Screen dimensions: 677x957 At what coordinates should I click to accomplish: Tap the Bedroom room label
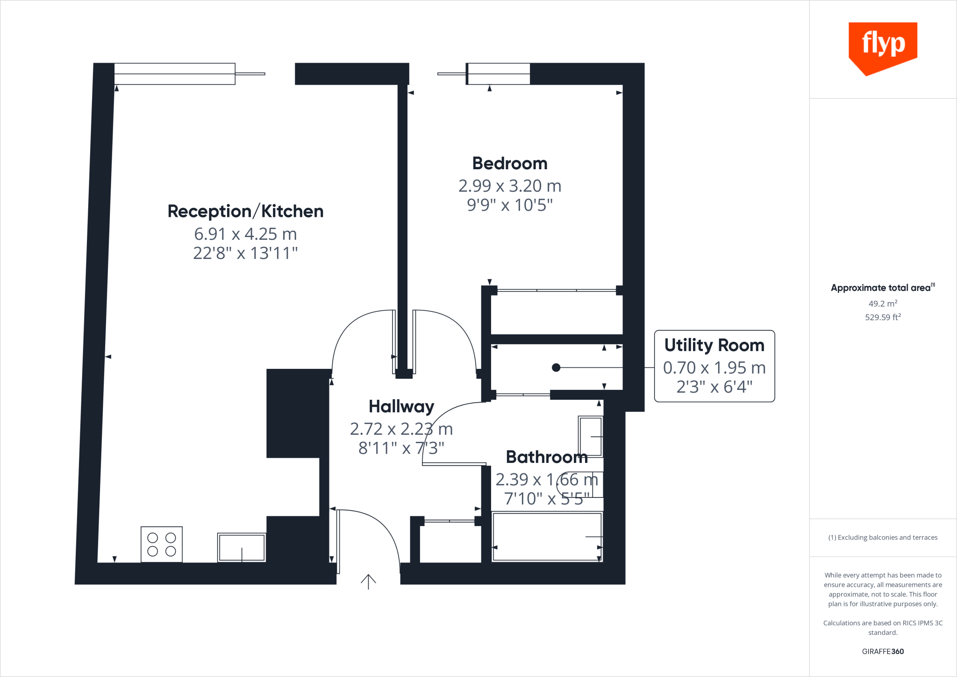510,164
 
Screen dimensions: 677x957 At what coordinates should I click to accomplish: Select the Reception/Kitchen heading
245,211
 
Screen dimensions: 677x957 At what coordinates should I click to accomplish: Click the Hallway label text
401,406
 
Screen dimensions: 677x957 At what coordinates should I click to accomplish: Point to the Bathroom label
546,457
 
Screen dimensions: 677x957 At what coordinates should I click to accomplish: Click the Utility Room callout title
714,345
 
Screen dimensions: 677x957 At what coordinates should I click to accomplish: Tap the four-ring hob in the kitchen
162,544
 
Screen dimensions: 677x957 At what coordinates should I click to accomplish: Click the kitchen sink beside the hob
242,547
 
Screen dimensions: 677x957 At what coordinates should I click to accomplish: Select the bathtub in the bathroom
546,536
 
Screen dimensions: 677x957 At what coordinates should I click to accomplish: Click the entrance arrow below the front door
368,581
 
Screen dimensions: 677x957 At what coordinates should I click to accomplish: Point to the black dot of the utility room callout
556,367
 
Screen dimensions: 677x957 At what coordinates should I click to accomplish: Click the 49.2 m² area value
882,303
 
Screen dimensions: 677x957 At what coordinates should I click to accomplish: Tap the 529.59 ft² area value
882,317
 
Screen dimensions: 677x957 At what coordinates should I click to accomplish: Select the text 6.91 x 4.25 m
245,234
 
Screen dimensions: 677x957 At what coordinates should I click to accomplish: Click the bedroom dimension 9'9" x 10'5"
510,205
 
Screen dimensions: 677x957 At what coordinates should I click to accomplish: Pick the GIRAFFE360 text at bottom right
882,651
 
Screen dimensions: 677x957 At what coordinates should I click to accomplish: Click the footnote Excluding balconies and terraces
883,537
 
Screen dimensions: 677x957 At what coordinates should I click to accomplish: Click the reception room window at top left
175,74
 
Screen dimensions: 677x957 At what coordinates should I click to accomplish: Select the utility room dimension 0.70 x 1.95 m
714,368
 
